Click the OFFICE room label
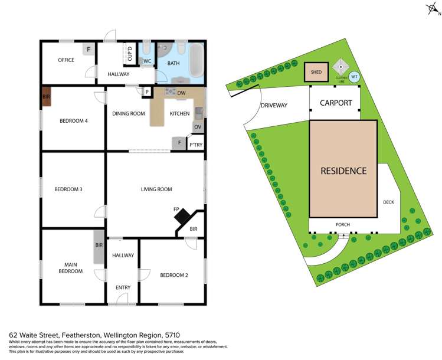pyautogui.click(x=66, y=60)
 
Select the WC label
pyautogui.click(x=148, y=61)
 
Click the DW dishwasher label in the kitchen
pyautogui.click(x=181, y=93)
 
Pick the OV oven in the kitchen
pyautogui.click(x=198, y=127)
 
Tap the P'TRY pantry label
pyautogui.click(x=195, y=144)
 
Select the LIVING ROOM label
pyautogui.click(x=156, y=189)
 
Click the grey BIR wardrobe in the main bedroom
pyautogui.click(x=99, y=253)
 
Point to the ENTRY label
pyautogui.click(x=123, y=287)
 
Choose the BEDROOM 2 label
pyautogui.click(x=173, y=275)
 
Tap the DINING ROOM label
pyautogui.click(x=129, y=113)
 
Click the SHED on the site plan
pyautogui.click(x=316, y=73)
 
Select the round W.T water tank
pyautogui.click(x=355, y=76)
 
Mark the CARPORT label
pyautogui.click(x=336, y=103)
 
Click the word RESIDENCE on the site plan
pyautogui.click(x=343, y=171)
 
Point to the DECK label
pyautogui.click(x=388, y=202)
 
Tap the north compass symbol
pyautogui.click(x=433, y=9)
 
